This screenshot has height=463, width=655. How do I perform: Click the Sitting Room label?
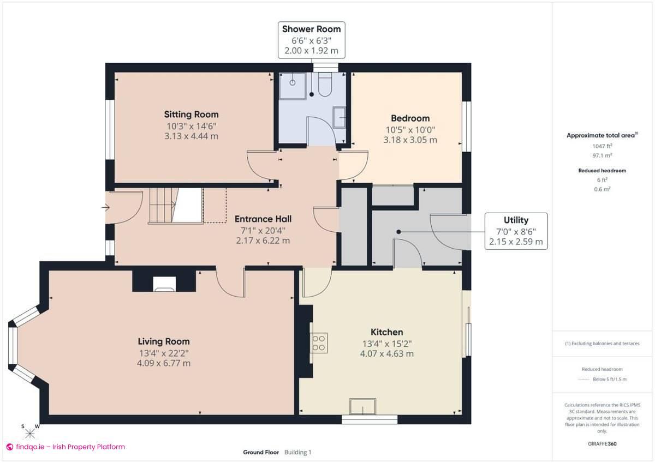tap(192, 115)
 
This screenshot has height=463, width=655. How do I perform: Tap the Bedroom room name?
tap(410, 118)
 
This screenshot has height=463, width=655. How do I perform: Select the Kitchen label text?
tap(386, 332)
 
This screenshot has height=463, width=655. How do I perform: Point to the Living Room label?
tap(164, 341)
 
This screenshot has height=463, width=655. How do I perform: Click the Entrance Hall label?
tap(263, 219)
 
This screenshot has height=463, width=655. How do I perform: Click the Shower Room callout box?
tap(311, 40)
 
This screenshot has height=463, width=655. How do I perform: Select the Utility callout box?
tap(516, 231)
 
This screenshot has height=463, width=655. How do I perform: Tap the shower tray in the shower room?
tap(293, 85)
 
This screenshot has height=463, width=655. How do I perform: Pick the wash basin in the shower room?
tap(339, 117)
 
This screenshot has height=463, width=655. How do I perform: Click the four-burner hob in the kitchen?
tap(318, 342)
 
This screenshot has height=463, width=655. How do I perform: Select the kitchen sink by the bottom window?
tap(363, 407)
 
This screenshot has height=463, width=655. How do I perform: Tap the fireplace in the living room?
tap(164, 284)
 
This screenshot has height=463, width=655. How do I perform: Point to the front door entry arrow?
tap(105, 207)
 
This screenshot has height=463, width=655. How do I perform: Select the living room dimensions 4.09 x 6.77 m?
tap(164, 363)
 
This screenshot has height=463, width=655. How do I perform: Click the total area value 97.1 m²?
tap(602, 155)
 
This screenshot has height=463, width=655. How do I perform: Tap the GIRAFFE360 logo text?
tap(602, 444)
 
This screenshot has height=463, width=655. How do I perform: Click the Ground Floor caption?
tap(261, 452)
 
